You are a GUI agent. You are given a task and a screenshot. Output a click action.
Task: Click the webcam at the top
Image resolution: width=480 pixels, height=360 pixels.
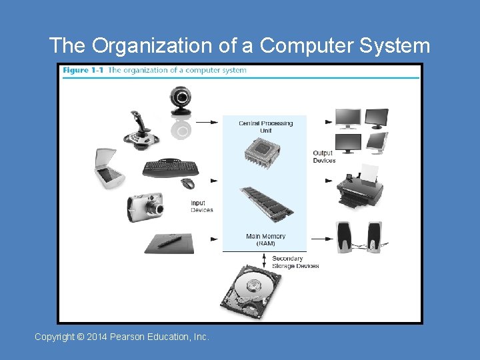[181, 101]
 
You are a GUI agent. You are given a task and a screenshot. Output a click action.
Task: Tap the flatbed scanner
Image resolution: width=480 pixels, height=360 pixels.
[107, 169]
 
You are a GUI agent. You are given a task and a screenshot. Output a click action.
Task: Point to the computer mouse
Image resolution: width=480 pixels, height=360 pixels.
[189, 183]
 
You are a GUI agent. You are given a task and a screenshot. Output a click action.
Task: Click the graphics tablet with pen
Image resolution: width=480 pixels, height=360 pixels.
[169, 243]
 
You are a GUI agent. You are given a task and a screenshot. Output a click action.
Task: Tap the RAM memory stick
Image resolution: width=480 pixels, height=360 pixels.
[266, 204]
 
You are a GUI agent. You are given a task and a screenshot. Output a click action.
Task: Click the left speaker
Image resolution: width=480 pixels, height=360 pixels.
[345, 237]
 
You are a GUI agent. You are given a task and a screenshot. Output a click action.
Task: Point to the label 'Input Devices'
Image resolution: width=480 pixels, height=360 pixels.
[201, 207]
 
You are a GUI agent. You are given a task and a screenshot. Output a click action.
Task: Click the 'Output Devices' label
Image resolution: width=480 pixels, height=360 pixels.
[324, 157]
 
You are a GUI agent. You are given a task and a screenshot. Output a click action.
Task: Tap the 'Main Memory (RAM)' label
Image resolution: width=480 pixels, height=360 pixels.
[265, 240]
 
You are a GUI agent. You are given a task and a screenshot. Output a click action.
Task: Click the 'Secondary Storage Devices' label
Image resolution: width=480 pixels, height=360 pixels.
[295, 262]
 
